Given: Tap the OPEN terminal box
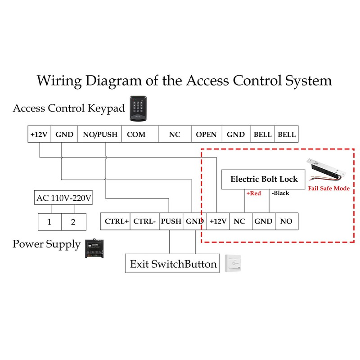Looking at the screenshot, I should (x=206, y=135).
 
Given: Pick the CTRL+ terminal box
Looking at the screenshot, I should (x=115, y=221).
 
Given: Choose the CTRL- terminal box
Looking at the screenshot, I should (x=145, y=221).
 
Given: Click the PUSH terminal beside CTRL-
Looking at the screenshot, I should (x=171, y=221).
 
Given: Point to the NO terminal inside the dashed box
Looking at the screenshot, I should (x=286, y=221).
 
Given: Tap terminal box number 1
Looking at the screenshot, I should (x=49, y=222).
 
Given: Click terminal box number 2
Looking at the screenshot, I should (x=73, y=222).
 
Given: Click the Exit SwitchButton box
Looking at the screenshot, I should (x=173, y=264).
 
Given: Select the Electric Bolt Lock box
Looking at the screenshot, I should (x=264, y=179).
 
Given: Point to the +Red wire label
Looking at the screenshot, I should (x=253, y=193).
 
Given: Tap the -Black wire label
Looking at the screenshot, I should (x=280, y=193).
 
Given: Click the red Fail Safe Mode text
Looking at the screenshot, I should (x=328, y=189).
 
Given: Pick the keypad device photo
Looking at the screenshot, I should (x=138, y=109).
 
